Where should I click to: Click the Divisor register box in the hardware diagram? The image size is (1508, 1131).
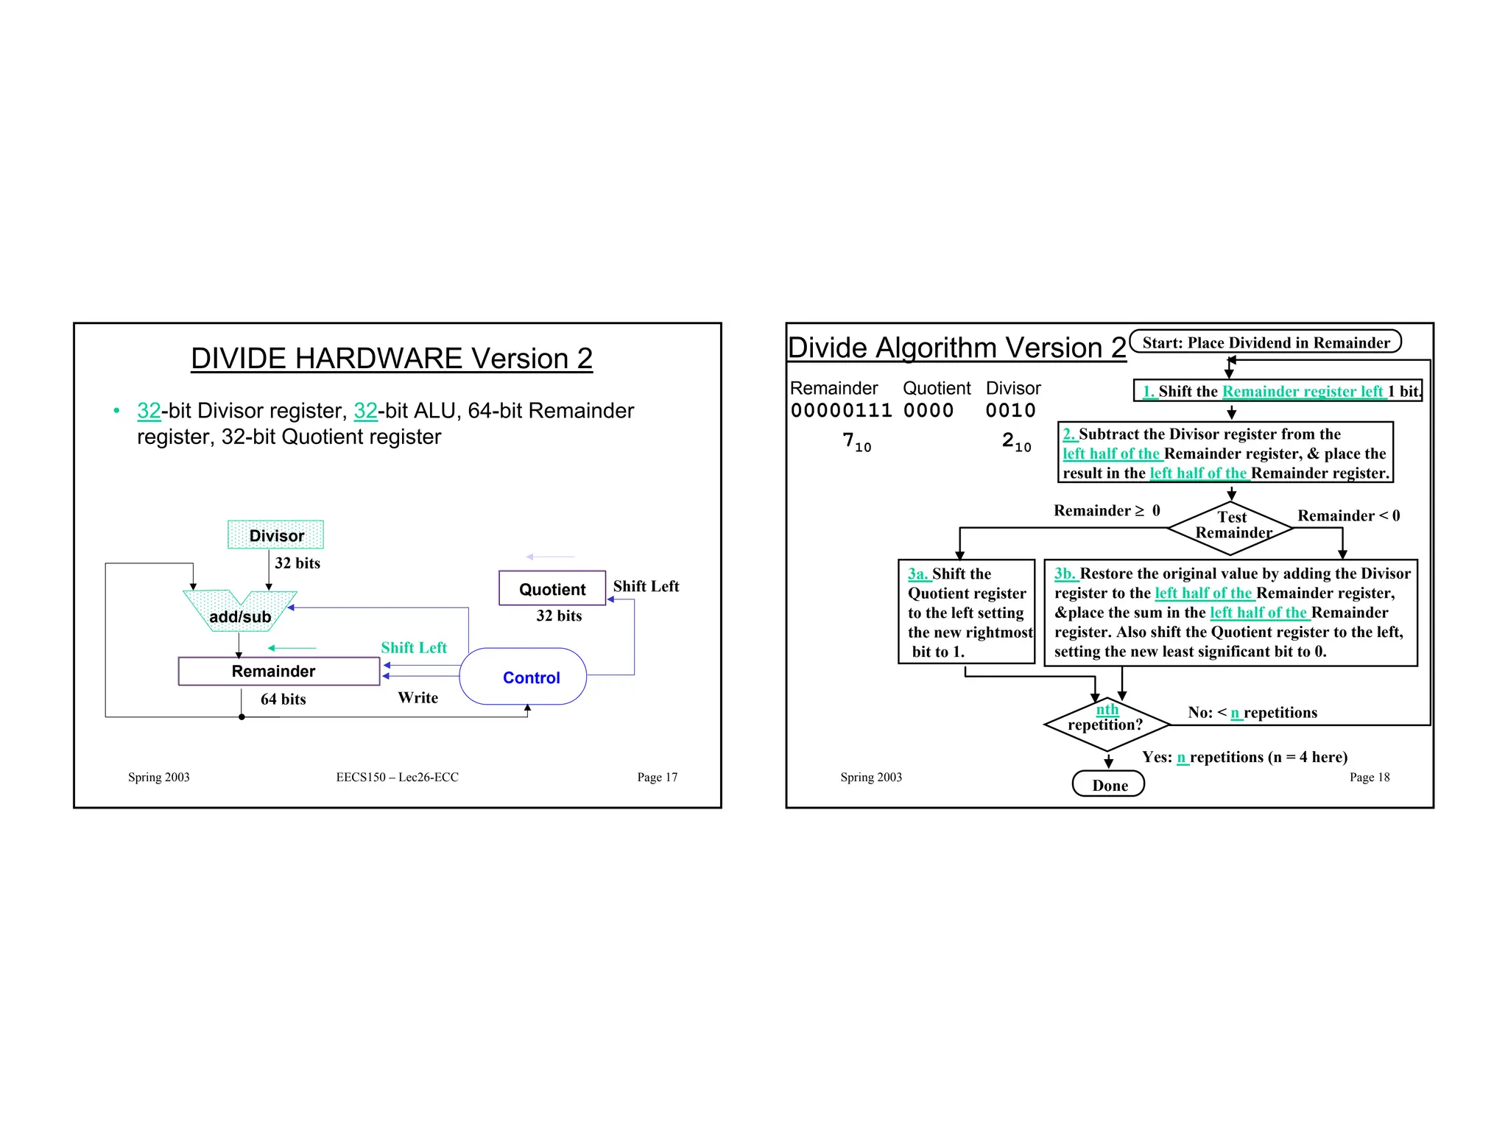pos(275,535)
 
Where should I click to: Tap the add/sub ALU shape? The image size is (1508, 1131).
pos(240,613)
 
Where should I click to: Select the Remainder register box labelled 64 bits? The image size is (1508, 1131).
pos(279,672)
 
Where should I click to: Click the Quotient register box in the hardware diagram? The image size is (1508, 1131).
pos(552,589)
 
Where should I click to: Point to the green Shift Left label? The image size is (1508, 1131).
pos(414,648)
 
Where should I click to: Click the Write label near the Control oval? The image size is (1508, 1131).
pos(417,698)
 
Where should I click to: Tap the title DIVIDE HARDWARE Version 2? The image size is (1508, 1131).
pos(392,359)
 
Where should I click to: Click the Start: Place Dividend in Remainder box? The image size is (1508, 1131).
pos(1265,342)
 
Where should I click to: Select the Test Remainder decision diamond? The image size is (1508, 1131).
pos(1232,526)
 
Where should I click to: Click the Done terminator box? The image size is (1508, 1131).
pos(1109,785)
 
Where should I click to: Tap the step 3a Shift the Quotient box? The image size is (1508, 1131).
pos(967,612)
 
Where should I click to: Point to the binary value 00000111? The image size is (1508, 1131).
pos(841,411)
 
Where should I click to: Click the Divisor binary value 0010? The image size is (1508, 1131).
pos(1010,411)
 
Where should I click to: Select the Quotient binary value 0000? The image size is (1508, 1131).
pos(929,411)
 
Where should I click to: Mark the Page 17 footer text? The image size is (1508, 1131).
pos(657,778)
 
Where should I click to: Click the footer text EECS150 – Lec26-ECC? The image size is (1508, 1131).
pos(397,778)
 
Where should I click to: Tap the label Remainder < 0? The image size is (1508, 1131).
pos(1348,516)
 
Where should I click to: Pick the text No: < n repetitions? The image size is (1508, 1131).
pos(1252,713)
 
